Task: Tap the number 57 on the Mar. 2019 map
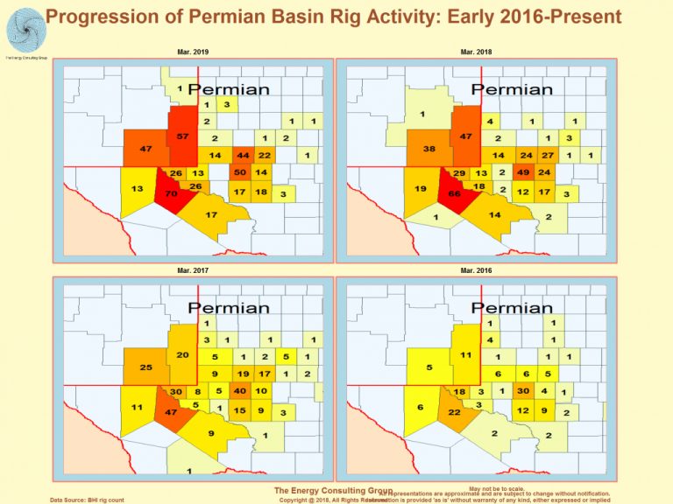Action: pos(182,137)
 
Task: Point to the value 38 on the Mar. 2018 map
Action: pos(429,149)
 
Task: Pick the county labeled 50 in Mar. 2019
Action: pos(239,172)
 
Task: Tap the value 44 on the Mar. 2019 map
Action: pos(244,155)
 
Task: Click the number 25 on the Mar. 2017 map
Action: pos(146,367)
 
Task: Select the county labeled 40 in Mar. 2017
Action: pos(239,390)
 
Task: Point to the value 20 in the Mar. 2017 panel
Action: pos(182,355)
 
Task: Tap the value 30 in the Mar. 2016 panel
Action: pos(523,390)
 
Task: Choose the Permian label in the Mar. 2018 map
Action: pos(512,89)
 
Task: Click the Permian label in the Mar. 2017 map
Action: pos(229,307)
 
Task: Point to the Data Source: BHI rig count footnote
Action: pos(88,499)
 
